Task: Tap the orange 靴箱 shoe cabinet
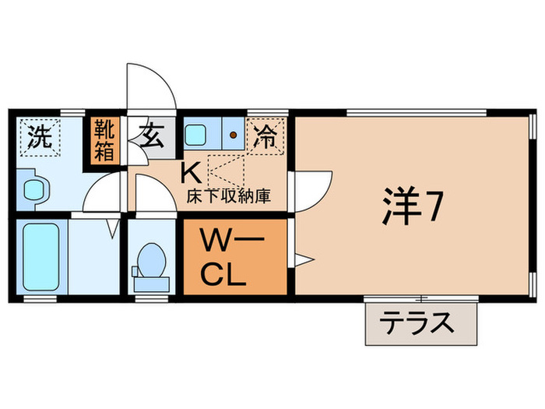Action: coord(104,139)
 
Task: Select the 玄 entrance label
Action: coord(151,137)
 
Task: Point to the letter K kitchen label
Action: coord(188,171)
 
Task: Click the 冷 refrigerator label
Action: coord(265,138)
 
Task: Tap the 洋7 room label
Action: coord(412,206)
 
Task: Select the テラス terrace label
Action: coord(420,321)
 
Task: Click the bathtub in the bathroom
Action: coord(40,256)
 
